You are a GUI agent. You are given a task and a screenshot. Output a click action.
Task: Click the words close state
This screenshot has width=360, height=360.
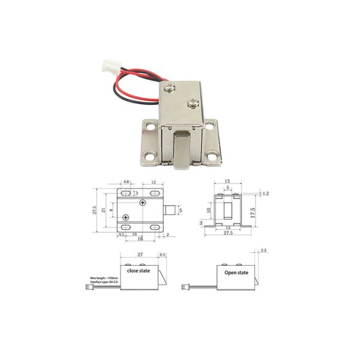[x=139, y=271]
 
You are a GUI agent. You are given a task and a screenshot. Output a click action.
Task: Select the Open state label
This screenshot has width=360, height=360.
[x=236, y=272]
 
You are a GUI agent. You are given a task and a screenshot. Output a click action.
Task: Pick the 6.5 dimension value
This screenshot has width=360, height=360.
[x=162, y=255]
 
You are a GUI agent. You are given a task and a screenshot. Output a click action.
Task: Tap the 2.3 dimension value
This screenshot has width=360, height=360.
[x=263, y=250]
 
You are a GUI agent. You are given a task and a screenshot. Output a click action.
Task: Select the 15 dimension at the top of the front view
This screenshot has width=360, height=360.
[x=227, y=181]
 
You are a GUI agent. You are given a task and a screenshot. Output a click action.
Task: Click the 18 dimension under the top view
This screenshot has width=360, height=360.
[x=140, y=239]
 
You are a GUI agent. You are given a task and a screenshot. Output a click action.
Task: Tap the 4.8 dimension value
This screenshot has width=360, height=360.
[x=127, y=181]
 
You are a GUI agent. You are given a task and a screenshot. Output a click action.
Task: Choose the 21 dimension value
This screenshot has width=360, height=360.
[x=103, y=209]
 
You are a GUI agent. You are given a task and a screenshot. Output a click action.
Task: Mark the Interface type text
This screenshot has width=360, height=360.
[x=103, y=283]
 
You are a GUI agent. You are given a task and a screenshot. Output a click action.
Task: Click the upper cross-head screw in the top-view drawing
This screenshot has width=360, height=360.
[x=142, y=203]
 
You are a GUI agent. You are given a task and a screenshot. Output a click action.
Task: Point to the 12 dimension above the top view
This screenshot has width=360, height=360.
[x=154, y=181]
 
